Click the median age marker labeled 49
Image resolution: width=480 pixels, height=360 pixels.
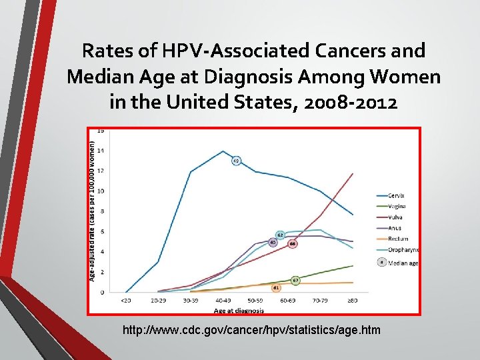236,161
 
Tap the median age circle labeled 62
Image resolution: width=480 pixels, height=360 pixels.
280,235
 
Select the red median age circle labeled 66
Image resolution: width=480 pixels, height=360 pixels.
293,244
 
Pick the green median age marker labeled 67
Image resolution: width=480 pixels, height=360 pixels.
295,281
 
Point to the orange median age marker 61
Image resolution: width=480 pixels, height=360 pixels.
276,287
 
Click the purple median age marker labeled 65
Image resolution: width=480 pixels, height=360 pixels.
273,243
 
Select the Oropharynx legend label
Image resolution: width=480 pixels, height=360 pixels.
402,249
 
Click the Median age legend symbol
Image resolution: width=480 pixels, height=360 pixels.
381,263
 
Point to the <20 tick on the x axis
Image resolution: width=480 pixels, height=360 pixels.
125,301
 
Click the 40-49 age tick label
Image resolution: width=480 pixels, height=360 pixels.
223,301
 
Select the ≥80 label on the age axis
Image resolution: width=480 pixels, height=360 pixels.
353,301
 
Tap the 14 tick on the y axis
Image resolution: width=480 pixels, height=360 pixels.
101,151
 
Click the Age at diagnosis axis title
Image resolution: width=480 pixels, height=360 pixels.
239,310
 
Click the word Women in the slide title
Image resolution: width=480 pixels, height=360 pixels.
403,77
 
